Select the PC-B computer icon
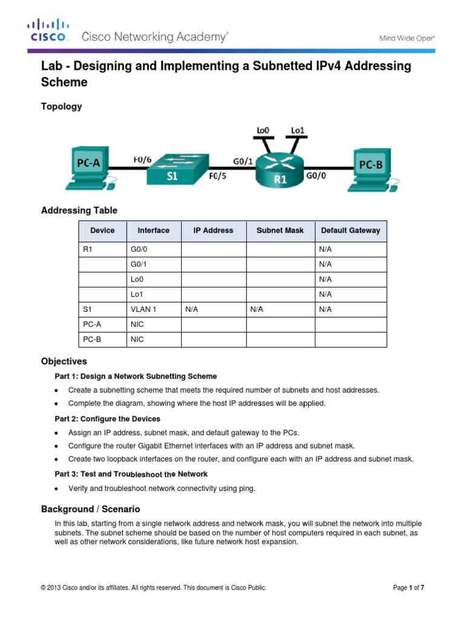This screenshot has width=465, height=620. click(x=371, y=167)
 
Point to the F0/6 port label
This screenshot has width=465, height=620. click(x=143, y=160)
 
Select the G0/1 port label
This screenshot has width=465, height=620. click(x=243, y=161)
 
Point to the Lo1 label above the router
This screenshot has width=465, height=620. click(x=297, y=130)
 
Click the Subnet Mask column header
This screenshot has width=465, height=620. click(x=280, y=231)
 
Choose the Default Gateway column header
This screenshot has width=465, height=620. click(x=351, y=231)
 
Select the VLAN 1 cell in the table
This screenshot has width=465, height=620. click(x=143, y=309)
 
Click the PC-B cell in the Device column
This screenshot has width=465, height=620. click(x=92, y=340)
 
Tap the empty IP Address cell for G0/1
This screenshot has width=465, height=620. click(x=214, y=265)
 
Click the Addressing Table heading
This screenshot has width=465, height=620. click(x=79, y=211)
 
